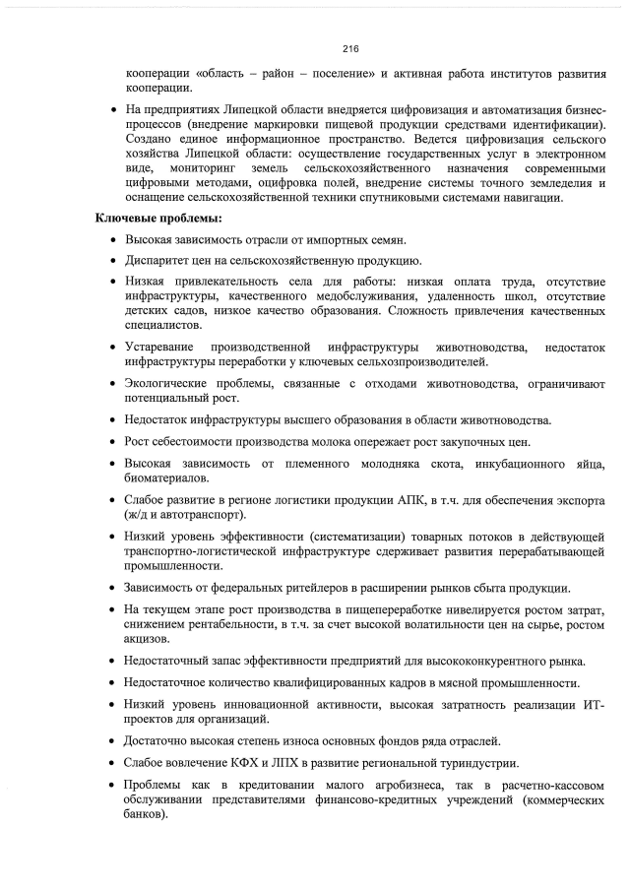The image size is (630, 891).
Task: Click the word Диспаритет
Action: (x=160, y=261)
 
